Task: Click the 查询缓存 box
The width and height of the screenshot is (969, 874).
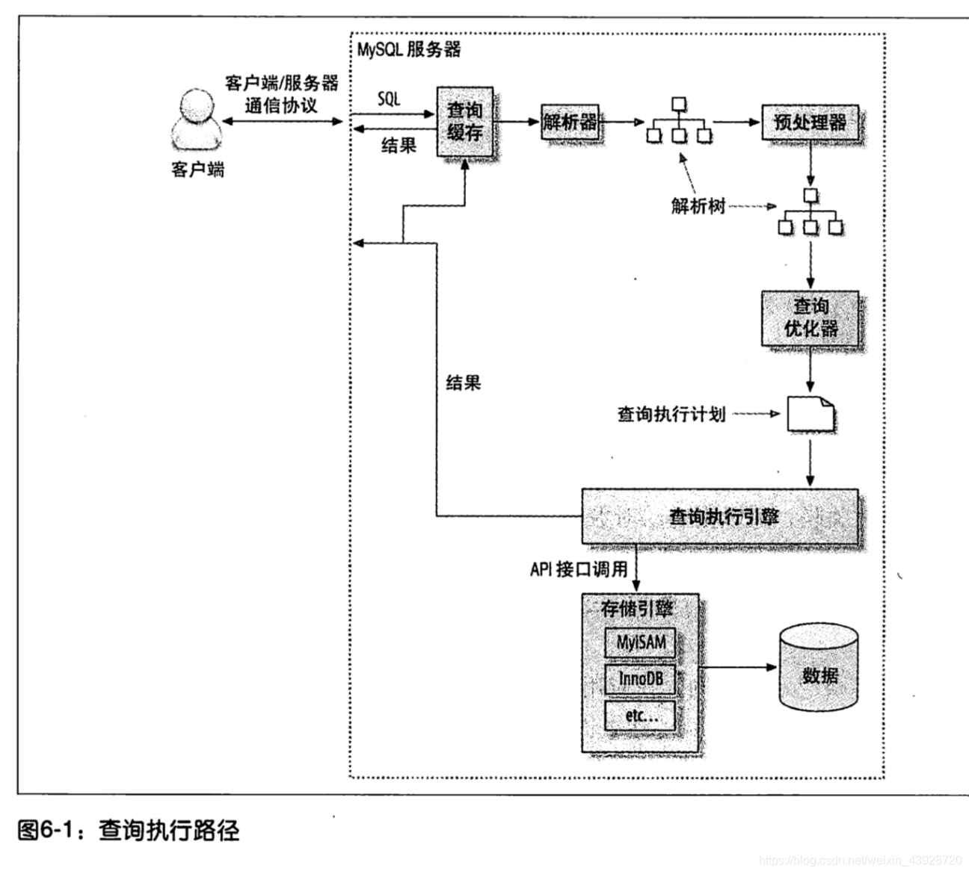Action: coord(465,123)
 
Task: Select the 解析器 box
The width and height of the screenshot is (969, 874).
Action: coord(570,122)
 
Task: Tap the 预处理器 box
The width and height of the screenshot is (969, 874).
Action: coord(810,122)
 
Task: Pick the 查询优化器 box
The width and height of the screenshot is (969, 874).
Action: coord(810,318)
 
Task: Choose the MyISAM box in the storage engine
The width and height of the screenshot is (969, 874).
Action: coord(640,642)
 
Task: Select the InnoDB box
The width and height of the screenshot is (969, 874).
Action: coord(640,679)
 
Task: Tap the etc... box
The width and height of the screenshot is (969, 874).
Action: coord(640,716)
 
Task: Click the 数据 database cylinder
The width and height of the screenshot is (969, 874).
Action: coord(818,670)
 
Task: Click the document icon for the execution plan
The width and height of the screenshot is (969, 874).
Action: coord(810,414)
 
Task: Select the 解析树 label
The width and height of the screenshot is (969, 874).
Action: coord(698,206)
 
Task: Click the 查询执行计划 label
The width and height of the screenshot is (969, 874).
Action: coord(671,414)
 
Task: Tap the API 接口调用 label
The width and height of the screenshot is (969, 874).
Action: coord(579,569)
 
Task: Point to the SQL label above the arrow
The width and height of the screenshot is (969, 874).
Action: coord(389,99)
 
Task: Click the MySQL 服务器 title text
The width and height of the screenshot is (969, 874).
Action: coord(408,50)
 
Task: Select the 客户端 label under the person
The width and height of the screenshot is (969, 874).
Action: coord(197,170)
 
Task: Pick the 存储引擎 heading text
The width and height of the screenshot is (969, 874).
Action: coord(637,609)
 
